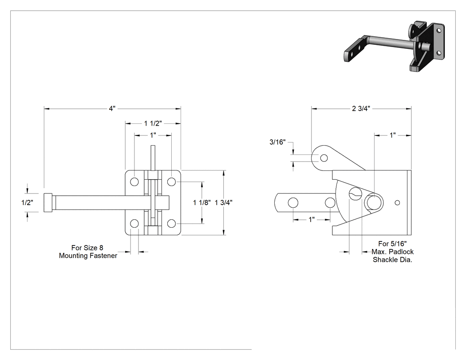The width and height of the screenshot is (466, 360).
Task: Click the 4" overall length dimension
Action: pyautogui.click(x=112, y=108)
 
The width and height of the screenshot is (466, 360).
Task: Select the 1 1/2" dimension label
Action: pyautogui.click(x=153, y=123)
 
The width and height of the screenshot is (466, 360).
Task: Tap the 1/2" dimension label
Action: pyautogui.click(x=27, y=202)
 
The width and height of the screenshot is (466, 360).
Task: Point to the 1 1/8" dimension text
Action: pyautogui.click(x=202, y=202)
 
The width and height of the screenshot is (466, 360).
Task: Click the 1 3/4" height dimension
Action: pyautogui.click(x=224, y=202)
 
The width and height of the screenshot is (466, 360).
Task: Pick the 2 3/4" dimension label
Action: pyautogui.click(x=361, y=108)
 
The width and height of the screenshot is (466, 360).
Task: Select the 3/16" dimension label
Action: pyautogui.click(x=277, y=142)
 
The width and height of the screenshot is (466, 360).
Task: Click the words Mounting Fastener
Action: pyautogui.click(x=88, y=256)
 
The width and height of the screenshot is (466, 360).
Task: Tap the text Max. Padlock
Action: pyautogui.click(x=393, y=252)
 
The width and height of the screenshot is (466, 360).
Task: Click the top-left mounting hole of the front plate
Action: pyautogui.click(x=134, y=182)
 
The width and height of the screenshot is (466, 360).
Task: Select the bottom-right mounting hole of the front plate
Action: pyautogui.click(x=171, y=224)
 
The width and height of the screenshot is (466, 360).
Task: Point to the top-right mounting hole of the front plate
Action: pyautogui.click(x=171, y=182)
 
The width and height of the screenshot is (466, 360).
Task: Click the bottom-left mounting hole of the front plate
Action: pyautogui.click(x=134, y=224)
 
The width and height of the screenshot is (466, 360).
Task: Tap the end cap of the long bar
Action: pyautogui.click(x=48, y=202)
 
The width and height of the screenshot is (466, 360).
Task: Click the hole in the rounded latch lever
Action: pyautogui.click(x=324, y=158)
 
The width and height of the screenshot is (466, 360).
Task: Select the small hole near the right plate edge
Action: pyautogui.click(x=397, y=203)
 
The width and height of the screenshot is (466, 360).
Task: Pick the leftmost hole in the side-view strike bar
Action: pyautogui.click(x=293, y=203)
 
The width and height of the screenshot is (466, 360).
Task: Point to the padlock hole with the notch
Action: pyautogui.click(x=355, y=194)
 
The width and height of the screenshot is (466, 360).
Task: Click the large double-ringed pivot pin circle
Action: pyautogui.click(x=374, y=203)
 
